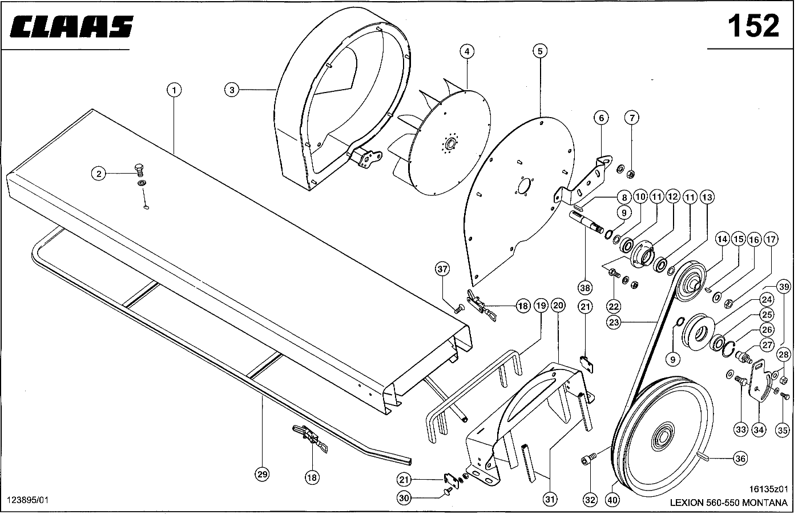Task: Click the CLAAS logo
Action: [x=71, y=26]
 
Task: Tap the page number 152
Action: [x=753, y=26]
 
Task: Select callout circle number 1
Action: [x=174, y=90]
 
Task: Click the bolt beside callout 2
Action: [x=140, y=170]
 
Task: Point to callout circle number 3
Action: [x=232, y=90]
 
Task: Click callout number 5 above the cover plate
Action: [x=540, y=51]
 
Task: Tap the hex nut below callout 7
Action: [x=630, y=174]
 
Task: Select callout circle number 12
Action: [x=672, y=197]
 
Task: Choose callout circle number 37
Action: [x=442, y=269]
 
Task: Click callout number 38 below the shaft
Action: [x=585, y=288]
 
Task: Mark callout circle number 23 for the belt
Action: [x=614, y=323]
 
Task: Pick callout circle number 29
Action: [x=262, y=475]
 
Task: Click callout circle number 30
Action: [x=404, y=498]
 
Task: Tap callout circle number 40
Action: [x=612, y=500]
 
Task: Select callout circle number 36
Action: [x=740, y=459]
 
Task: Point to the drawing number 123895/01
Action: [x=27, y=500]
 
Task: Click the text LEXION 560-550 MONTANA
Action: [x=728, y=503]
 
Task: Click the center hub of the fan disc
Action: [x=450, y=144]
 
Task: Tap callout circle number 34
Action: [x=759, y=430]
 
